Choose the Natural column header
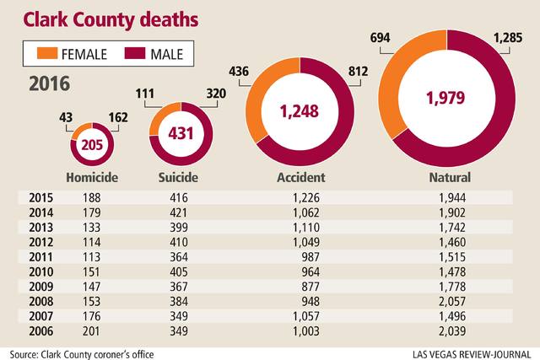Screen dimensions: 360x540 (x=450, y=179)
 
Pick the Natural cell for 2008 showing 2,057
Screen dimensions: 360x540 (x=493, y=301)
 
